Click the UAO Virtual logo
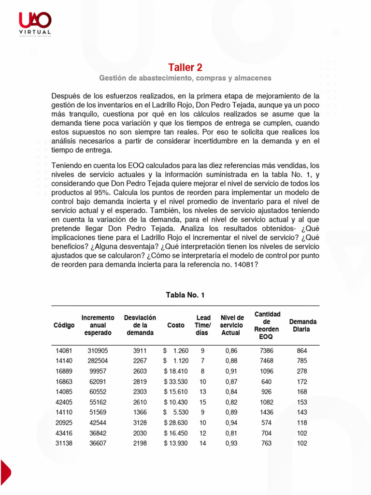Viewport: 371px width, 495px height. click(34, 24)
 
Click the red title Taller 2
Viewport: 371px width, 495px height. click(185, 67)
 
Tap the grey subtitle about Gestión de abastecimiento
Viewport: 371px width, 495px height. click(185, 78)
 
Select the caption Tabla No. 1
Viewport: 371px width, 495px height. click(185, 295)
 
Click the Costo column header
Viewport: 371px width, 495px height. click(175, 325)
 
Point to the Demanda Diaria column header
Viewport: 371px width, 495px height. click(302, 325)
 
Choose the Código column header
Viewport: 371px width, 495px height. click(64, 325)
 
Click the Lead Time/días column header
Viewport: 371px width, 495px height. click(203, 325)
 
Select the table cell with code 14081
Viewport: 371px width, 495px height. click(64, 350)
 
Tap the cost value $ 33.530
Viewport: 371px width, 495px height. click(176, 382)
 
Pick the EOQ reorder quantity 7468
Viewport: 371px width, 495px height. click(266, 361)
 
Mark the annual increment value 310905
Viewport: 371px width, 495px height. click(98, 350)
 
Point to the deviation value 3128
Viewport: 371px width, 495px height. click(140, 422)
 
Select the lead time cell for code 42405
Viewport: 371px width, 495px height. click(203, 402)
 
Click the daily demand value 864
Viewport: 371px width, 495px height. click(302, 350)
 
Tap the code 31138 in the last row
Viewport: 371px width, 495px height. click(64, 443)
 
